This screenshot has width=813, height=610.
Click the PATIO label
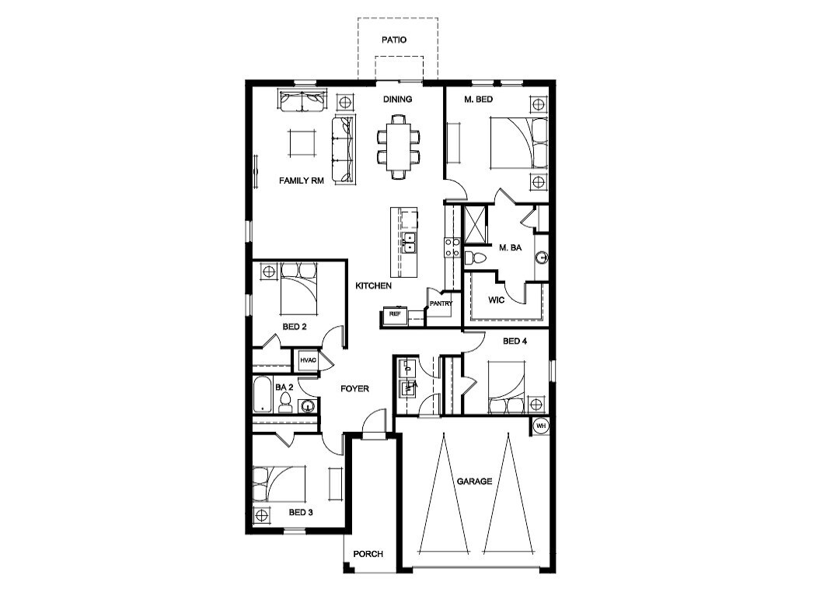393,39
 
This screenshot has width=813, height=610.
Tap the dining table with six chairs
398,146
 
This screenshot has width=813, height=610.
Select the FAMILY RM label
301,181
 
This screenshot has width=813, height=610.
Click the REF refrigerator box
394,314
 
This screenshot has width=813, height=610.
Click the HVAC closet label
307,360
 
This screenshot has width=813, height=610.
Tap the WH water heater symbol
540,426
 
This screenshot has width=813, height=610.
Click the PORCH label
368,554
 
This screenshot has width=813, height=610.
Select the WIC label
497,300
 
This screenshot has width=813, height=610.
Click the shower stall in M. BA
474,225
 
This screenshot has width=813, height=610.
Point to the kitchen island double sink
409,244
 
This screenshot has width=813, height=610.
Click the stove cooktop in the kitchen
450,247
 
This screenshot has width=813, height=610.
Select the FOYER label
354,388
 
